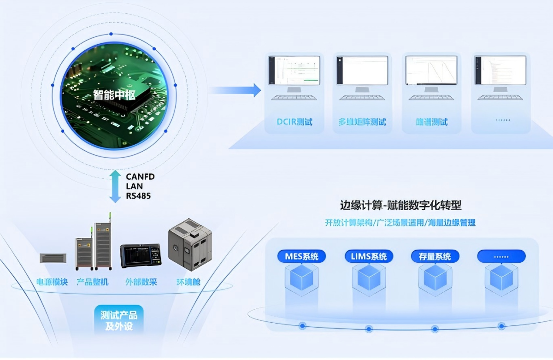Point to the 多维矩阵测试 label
coord(362,122)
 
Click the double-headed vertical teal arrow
coord(114,186)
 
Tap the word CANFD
coord(140,177)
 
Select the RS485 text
coord(138,196)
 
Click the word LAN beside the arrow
coord(134,186)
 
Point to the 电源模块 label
coord(52,282)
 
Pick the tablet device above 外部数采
coord(141,256)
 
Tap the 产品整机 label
coord(92,282)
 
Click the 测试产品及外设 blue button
coord(118,321)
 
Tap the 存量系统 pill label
coord(435,256)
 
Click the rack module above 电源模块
coord(53,258)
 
